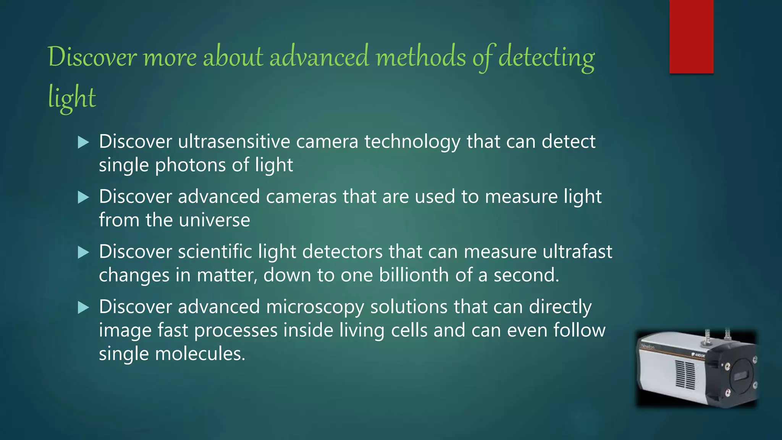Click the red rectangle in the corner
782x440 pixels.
pyautogui.click(x=691, y=36)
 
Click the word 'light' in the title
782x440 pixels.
pyautogui.click(x=72, y=98)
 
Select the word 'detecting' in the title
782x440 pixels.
pyautogui.click(x=546, y=58)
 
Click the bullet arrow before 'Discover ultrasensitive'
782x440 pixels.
pyautogui.click(x=83, y=143)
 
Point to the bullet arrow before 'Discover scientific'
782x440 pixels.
pyautogui.click(x=83, y=252)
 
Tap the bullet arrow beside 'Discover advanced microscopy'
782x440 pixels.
pyautogui.click(x=83, y=307)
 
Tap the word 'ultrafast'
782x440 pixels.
pyautogui.click(x=577, y=252)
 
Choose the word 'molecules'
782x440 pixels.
pyautogui.click(x=200, y=354)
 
